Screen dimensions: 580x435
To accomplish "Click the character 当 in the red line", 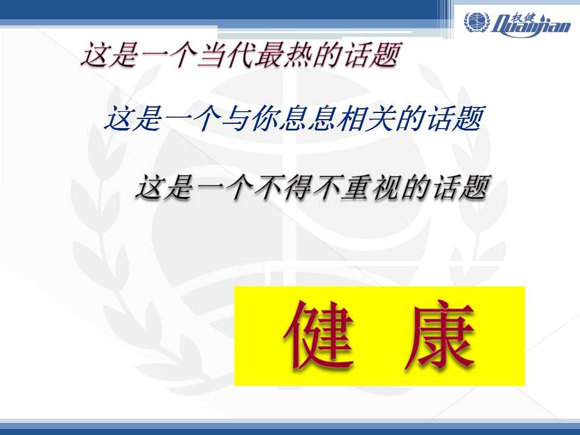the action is (x=211, y=55).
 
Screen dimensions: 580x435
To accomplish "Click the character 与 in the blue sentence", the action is (x=236, y=118).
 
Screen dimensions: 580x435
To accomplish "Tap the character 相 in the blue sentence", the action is (x=352, y=118).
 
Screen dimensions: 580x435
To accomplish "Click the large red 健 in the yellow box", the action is (x=319, y=335).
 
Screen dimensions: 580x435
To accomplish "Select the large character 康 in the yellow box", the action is (x=440, y=335).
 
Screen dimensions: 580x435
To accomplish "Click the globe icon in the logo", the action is (x=477, y=22).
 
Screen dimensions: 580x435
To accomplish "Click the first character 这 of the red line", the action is (x=95, y=55).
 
